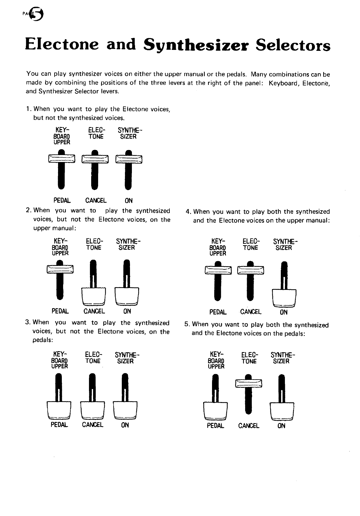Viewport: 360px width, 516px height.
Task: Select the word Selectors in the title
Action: coord(293,45)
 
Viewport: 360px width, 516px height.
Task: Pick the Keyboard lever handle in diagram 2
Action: coord(60,269)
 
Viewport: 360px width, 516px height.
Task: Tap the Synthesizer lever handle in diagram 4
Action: coord(284,297)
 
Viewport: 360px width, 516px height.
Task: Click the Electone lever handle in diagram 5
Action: coord(249,383)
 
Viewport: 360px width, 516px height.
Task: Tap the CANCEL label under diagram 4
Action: coord(251,312)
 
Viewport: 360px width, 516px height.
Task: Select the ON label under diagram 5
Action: coord(281,426)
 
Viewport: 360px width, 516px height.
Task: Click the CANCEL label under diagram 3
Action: coord(92,425)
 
